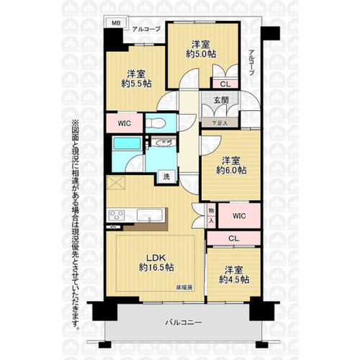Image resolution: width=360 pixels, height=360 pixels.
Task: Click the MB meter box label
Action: (x=117, y=23)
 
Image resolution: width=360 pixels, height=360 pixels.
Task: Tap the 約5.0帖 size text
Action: (x=201, y=54)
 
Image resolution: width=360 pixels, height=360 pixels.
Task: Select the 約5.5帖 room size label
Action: (x=136, y=84)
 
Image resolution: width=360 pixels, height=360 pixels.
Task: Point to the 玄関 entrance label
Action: (x=221, y=100)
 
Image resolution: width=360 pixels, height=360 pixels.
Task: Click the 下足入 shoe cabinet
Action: (x=220, y=123)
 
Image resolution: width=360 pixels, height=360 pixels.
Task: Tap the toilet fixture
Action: (x=156, y=123)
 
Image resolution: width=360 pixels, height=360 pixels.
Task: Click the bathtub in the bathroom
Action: (x=127, y=143)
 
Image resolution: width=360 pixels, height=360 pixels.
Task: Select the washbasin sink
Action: (x=163, y=143)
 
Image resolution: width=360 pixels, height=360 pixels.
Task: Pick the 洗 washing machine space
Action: (x=166, y=176)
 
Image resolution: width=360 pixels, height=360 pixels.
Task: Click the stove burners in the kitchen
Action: (x=117, y=215)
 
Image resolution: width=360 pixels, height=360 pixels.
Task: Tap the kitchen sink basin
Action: (x=150, y=215)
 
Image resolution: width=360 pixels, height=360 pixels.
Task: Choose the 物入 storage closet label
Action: (x=211, y=215)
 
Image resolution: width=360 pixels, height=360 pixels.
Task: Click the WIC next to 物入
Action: (x=239, y=216)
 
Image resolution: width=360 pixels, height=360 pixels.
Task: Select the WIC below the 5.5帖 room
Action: (x=125, y=123)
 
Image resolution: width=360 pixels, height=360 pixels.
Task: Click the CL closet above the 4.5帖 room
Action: (x=233, y=238)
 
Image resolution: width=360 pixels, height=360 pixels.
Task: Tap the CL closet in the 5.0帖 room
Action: (x=225, y=84)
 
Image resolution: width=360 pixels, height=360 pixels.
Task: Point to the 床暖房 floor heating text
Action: (x=184, y=287)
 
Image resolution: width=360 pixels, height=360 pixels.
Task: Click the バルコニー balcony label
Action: (x=184, y=323)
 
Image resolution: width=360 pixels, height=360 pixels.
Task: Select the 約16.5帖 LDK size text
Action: (x=156, y=267)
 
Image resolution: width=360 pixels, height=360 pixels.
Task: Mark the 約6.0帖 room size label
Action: (x=231, y=171)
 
